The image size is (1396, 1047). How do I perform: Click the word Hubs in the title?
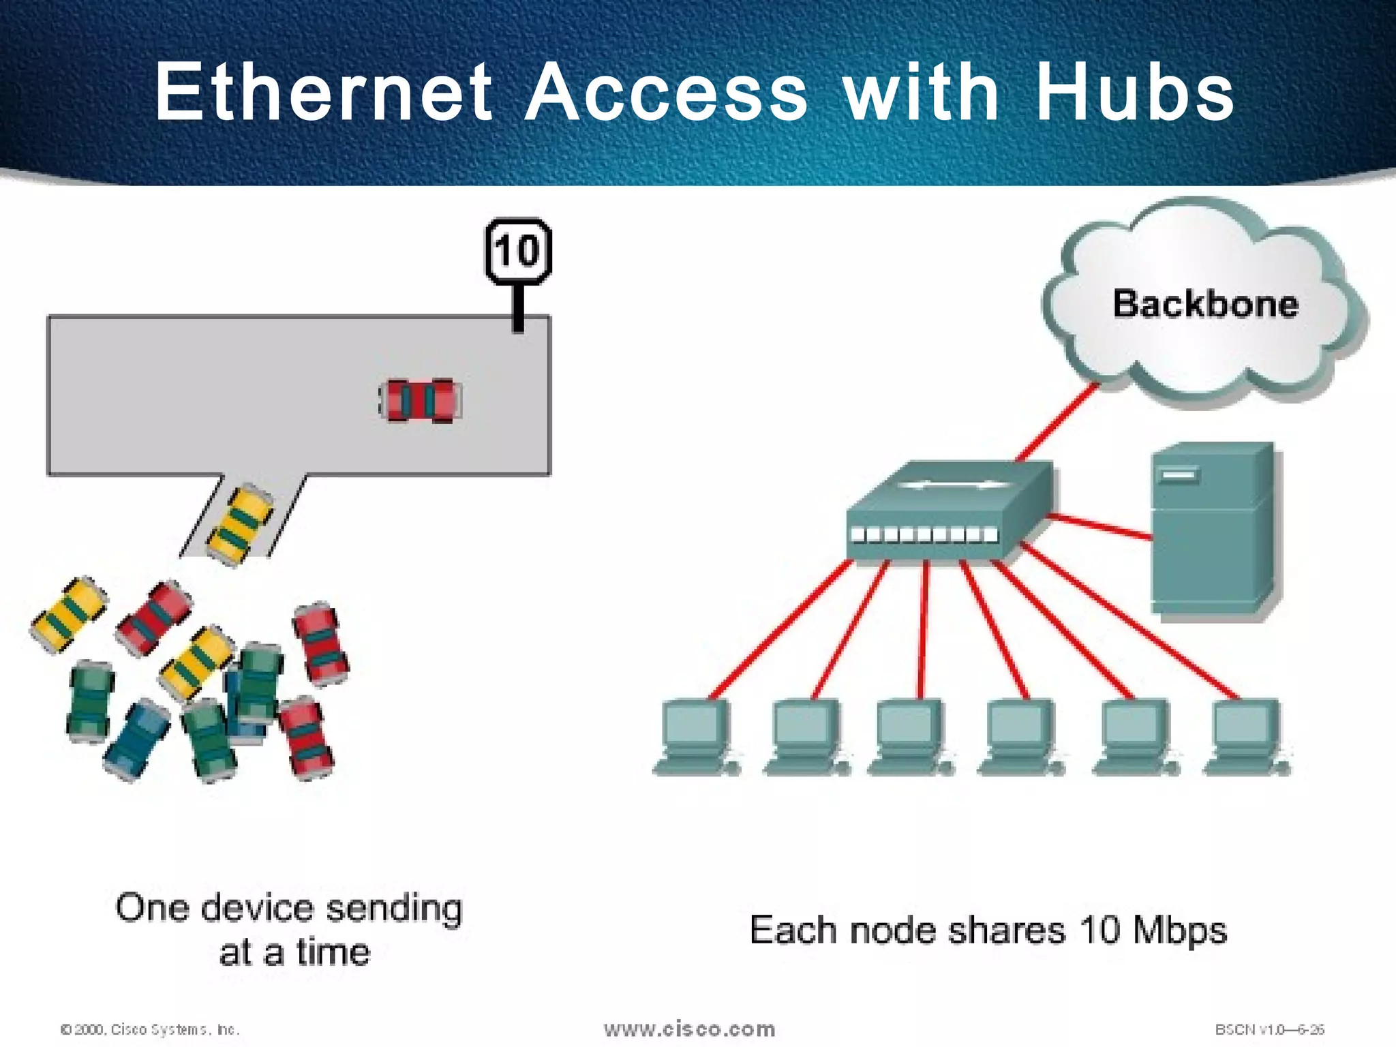pos(1134,92)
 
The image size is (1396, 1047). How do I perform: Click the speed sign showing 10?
pos(518,251)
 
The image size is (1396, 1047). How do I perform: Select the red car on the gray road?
pos(420,400)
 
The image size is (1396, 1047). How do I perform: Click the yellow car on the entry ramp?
pos(239,524)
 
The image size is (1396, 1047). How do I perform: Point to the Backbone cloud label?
pos(1205,304)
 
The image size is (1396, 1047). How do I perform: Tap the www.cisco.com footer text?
pos(689,1029)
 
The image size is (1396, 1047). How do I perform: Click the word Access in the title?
pos(667,92)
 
